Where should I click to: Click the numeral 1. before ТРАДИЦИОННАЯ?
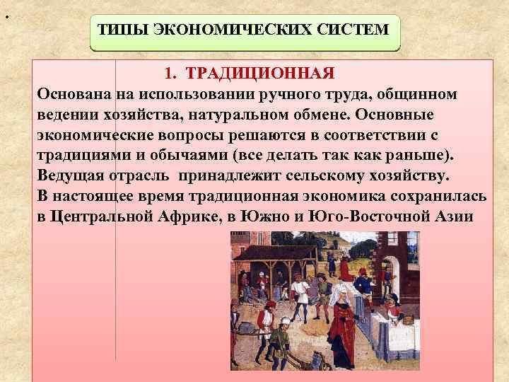[172, 74]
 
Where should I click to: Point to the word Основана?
[71, 94]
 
